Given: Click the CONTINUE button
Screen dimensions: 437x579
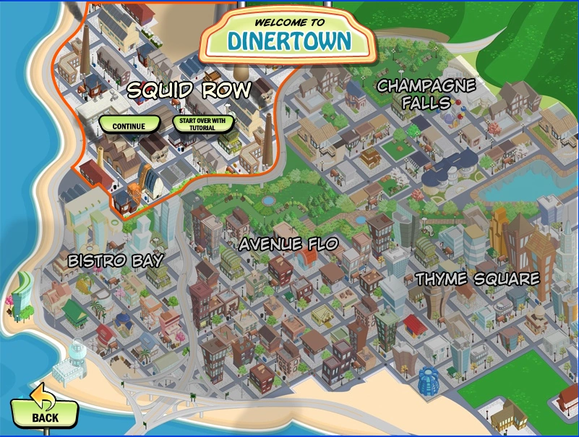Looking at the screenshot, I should point(129,125).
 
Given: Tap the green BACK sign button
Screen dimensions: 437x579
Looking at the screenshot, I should point(46,416).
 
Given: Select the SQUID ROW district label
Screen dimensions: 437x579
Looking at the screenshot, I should point(189,90).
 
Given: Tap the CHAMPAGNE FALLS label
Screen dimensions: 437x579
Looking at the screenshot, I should point(426,94).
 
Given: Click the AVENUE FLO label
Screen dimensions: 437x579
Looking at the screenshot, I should point(288,244).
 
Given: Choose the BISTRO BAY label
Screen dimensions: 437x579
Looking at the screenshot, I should point(116,260).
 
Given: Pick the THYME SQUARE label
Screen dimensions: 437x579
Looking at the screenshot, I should point(477,279).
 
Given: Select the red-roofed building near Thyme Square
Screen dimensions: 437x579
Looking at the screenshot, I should point(413,323).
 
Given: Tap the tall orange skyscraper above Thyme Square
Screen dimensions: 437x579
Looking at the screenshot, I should point(499,232).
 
